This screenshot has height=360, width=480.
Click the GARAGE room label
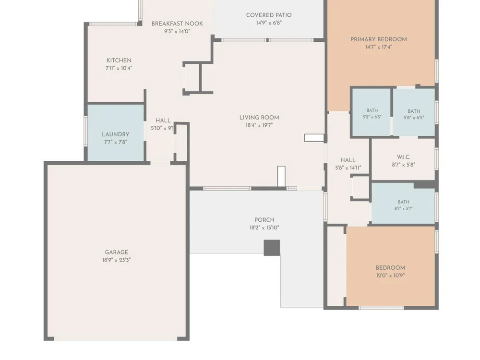116,252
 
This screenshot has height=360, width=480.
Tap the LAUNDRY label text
115,134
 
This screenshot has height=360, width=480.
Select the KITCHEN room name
119,60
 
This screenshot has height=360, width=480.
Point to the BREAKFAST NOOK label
177,24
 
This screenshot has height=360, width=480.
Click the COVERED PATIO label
269,15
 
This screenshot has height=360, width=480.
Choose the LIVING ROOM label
259,118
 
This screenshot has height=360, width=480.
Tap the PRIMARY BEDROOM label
379,39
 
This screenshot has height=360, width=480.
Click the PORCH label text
264,220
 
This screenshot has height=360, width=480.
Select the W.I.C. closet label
404,157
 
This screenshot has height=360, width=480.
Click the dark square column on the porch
272,248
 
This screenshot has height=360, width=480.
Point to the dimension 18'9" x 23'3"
116,260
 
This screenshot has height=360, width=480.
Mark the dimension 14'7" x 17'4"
378,47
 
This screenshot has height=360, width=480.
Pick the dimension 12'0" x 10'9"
390,275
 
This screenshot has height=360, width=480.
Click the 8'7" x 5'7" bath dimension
404,208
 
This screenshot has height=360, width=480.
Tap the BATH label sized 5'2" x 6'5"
372,110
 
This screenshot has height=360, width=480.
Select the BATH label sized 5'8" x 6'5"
414,111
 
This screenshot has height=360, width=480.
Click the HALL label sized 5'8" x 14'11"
348,160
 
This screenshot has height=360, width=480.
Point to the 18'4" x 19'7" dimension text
259,125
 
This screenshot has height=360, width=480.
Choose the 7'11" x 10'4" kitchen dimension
119,68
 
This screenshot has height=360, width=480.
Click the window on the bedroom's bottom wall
381,308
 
